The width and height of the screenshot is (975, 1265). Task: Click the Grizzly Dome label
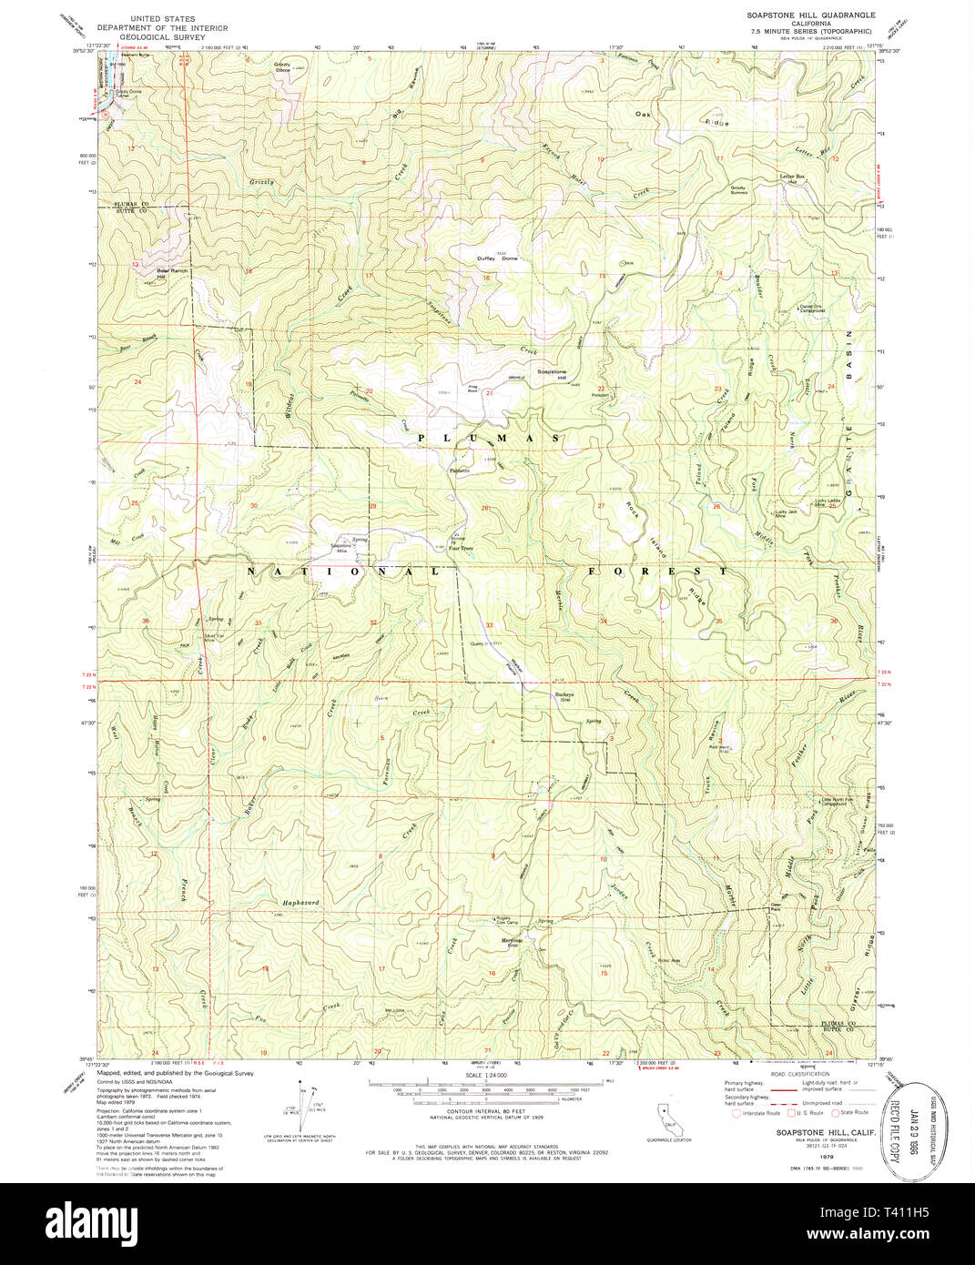point(283,66)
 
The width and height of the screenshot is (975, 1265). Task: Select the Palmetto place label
point(459,470)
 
